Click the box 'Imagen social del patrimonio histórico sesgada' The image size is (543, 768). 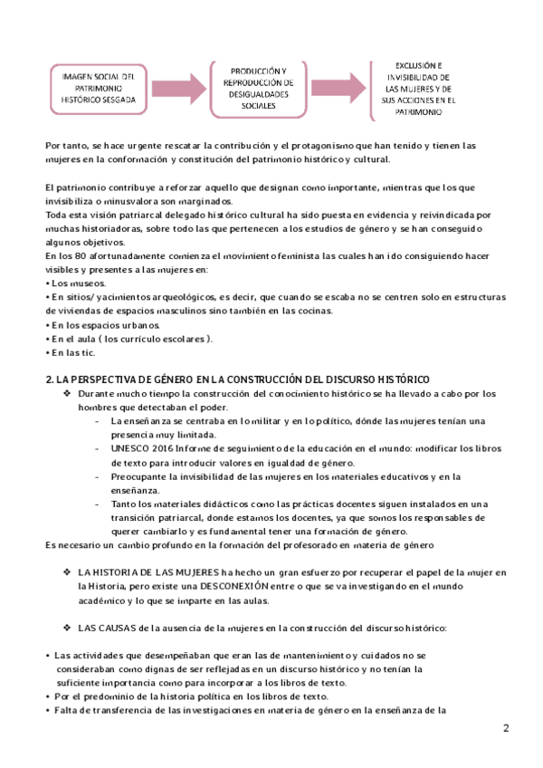point(92,88)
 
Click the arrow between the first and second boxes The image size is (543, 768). point(171,88)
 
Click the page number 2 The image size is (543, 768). point(507,728)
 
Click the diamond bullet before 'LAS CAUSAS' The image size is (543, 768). point(68,628)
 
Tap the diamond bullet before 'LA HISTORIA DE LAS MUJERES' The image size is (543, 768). point(68,572)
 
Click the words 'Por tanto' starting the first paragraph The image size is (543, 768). point(63,145)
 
